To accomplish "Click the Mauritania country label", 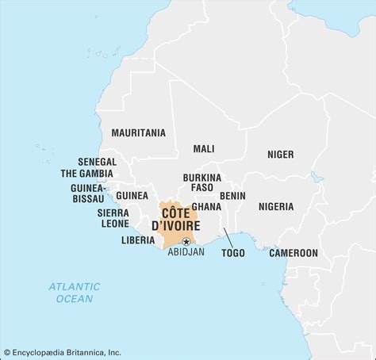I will pos(138,132).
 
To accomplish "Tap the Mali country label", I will pos(203,148).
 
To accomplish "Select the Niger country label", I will pos(280,155).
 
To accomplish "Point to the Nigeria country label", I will pos(275,206).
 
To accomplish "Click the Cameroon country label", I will pos(293,253).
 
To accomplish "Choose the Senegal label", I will pos(97,161).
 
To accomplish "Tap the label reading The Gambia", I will pos(88,173).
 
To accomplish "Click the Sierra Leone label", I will pos(113,218).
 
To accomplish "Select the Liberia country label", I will pos(137,239).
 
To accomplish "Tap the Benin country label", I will pos(232,195).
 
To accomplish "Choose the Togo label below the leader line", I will pos(233,253).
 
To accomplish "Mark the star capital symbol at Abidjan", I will pos(186,241).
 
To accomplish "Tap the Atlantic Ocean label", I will pos(74,293).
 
